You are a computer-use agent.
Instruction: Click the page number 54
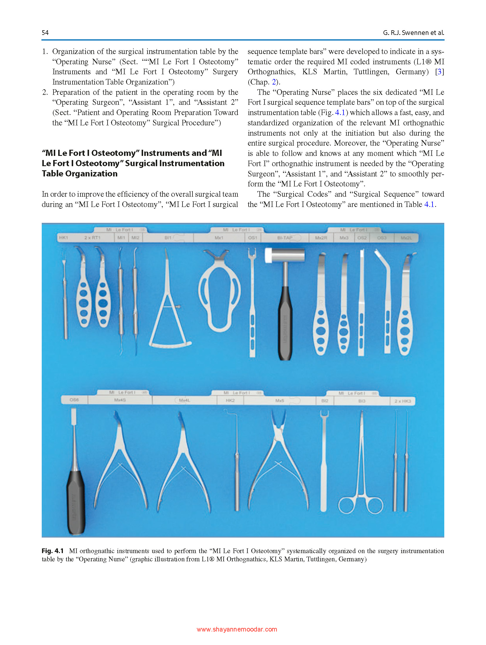click(45, 33)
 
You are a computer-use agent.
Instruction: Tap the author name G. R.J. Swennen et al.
click(413, 33)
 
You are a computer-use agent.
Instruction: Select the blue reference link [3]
click(439, 72)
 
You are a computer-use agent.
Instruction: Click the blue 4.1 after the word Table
click(429, 204)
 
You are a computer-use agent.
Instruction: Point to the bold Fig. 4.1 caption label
click(53, 551)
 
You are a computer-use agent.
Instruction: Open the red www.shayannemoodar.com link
click(237, 629)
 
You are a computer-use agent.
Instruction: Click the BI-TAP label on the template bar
click(285, 238)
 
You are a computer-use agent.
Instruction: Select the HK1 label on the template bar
click(63, 238)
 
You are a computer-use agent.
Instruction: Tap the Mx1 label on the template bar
click(219, 238)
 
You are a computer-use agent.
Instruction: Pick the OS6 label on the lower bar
click(74, 400)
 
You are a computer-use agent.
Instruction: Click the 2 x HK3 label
click(403, 401)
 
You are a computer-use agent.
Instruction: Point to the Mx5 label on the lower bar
click(279, 400)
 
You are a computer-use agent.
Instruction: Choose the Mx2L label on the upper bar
click(406, 238)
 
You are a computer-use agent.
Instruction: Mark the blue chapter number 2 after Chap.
click(274, 82)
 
